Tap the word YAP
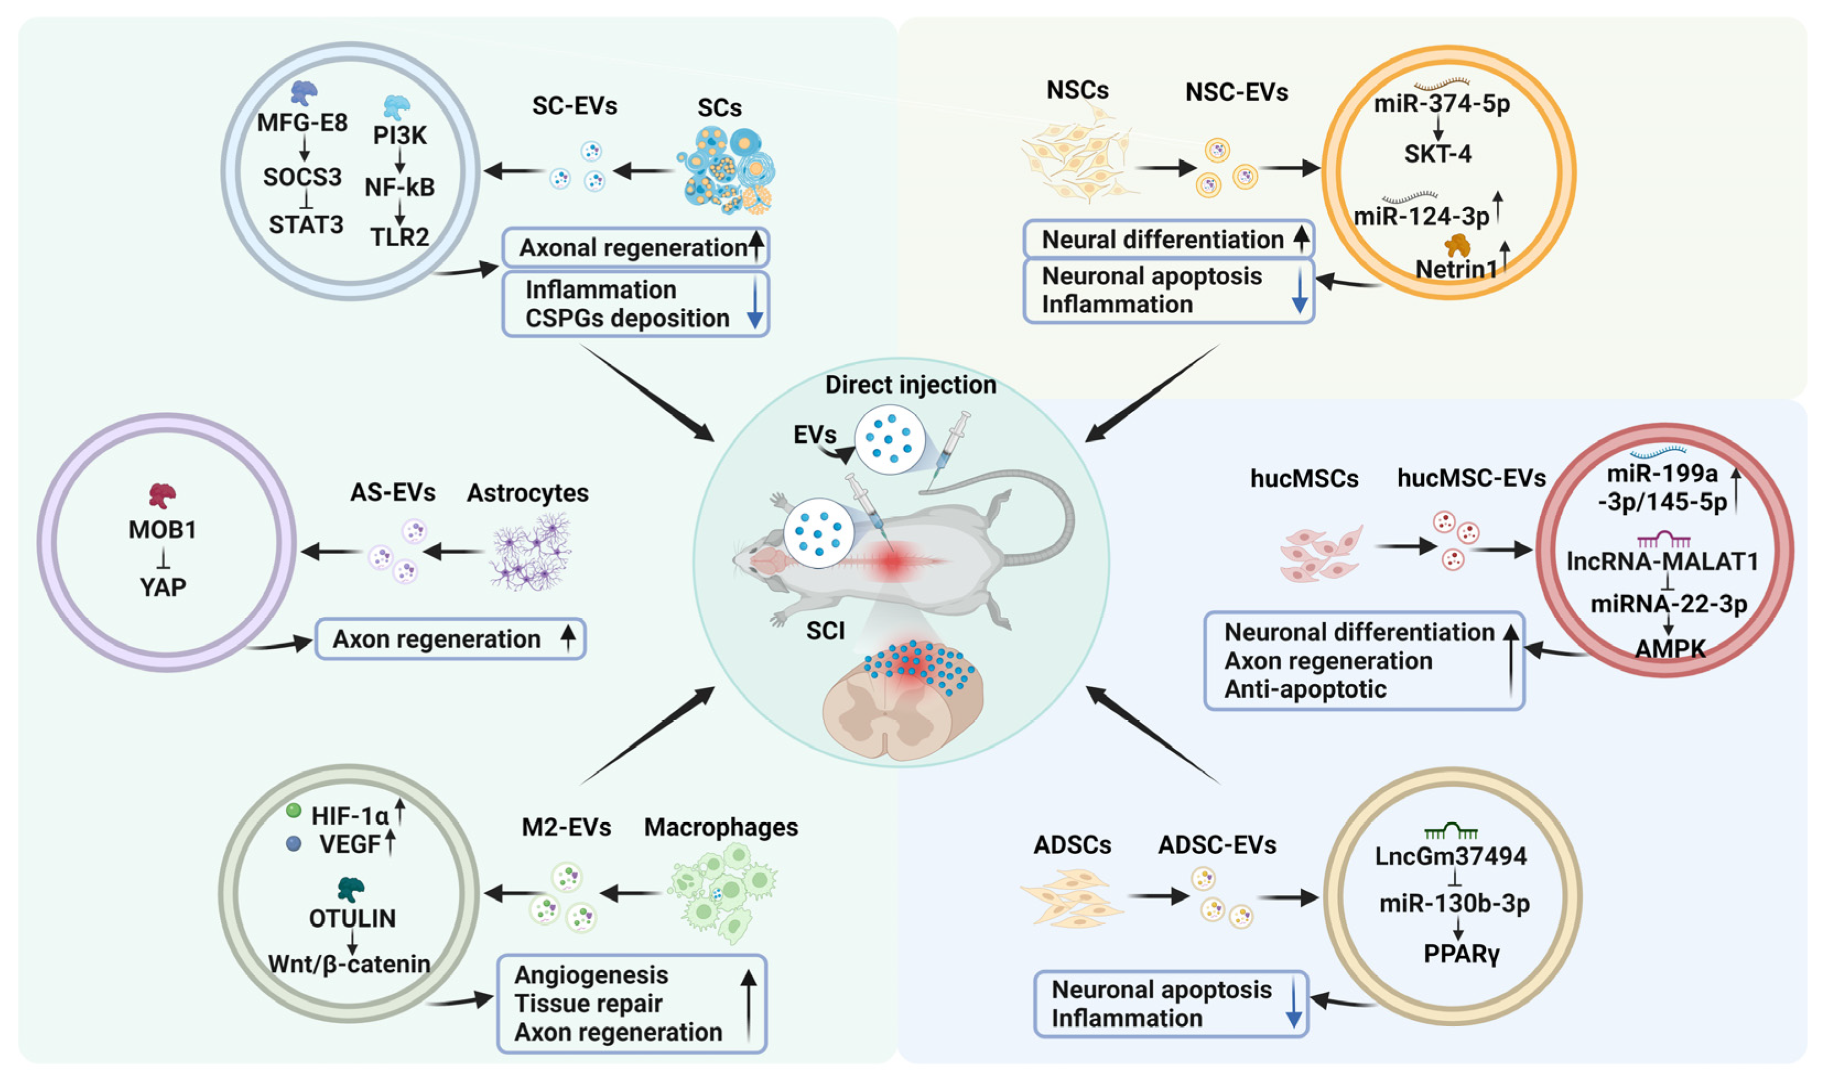tap(162, 587)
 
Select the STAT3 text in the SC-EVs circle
tap(306, 225)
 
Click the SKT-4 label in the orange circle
tap(1437, 154)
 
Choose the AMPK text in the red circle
tap(1670, 648)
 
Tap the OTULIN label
tap(352, 918)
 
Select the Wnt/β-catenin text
tap(349, 964)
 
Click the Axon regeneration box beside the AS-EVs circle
tap(450, 639)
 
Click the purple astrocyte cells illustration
tap(531, 552)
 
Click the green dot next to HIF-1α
tap(294, 811)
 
